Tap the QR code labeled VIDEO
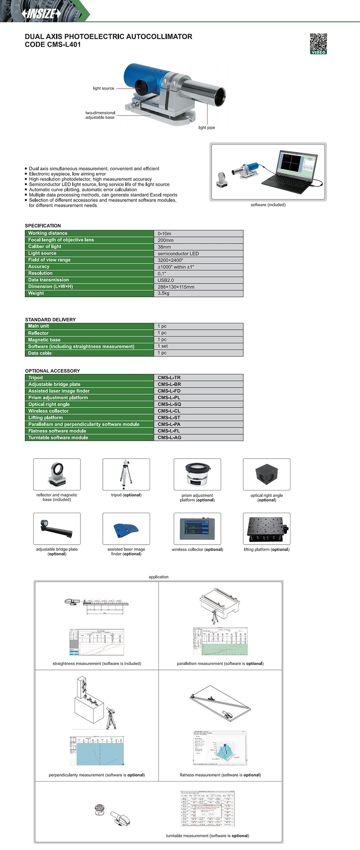coord(318,43)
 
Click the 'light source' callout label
coord(104,88)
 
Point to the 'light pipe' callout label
coord(206,128)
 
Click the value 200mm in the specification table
coord(166,240)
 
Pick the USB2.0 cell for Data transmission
coord(166,280)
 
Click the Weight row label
coord(36,293)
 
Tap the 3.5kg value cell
coord(164,293)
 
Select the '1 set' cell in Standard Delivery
coord(163,346)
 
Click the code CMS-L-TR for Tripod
coord(169,377)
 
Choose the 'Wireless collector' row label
coord(48,411)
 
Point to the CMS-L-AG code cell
coord(170,437)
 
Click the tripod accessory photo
coord(126,474)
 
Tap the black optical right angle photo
coord(266,474)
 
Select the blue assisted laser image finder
coord(126,529)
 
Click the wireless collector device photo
coord(197,529)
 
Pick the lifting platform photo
coord(266,529)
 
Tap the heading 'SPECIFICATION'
coord(43,226)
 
